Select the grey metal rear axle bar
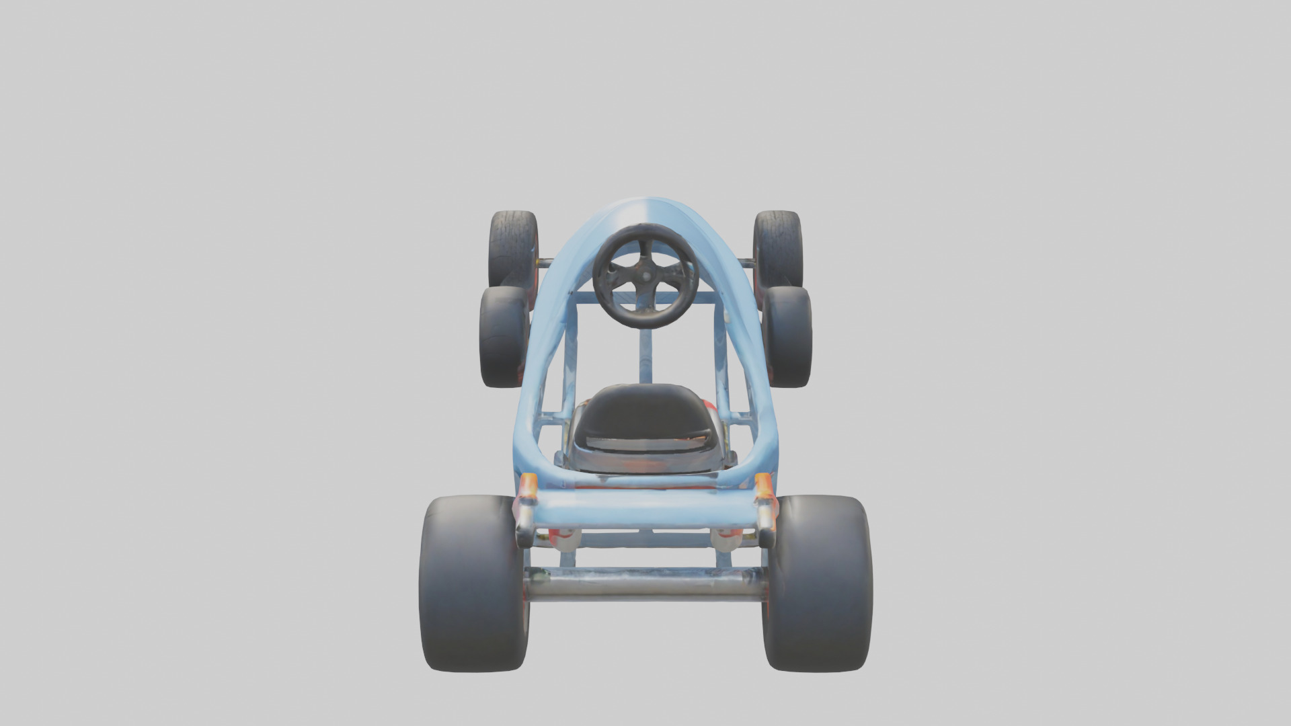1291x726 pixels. coord(645,583)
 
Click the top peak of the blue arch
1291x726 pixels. coord(645,202)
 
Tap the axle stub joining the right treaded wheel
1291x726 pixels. coord(746,261)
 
